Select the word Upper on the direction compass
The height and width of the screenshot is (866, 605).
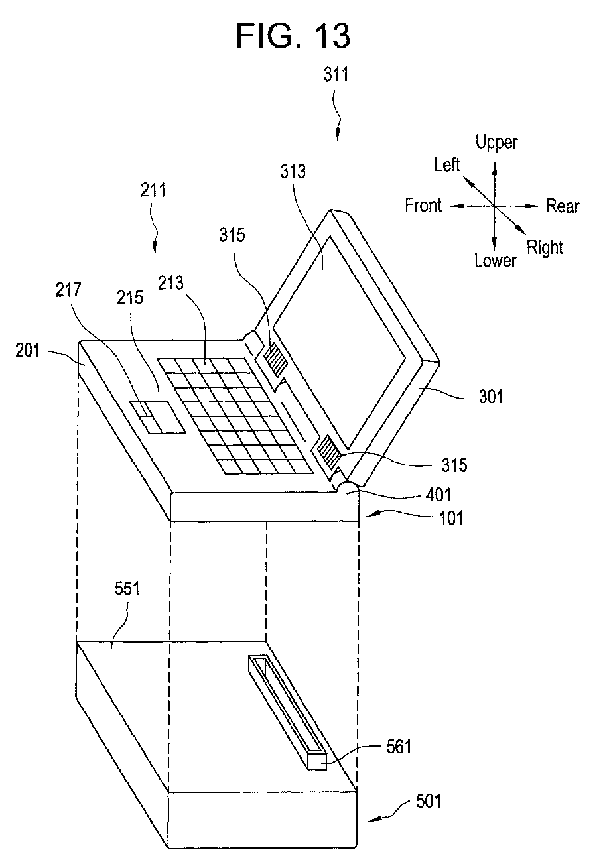[497, 141]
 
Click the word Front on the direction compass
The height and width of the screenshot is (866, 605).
[423, 206]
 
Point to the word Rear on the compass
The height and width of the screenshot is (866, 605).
[563, 206]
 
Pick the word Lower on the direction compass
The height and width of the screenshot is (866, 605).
[495, 260]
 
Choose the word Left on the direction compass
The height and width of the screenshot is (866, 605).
[447, 164]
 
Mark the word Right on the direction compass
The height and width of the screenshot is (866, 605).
[545, 248]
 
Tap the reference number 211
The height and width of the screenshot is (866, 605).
[153, 192]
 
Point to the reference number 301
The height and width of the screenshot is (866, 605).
[490, 397]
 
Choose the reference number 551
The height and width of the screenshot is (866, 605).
[126, 589]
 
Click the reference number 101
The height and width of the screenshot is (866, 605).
[450, 516]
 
